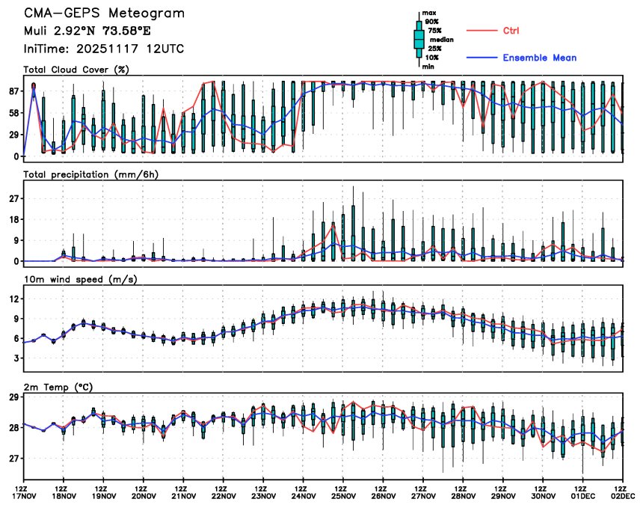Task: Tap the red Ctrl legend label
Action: pos(511,31)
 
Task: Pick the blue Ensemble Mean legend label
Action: pos(539,58)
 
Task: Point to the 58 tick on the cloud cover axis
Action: pos(13,113)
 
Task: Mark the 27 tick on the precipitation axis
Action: pos(13,198)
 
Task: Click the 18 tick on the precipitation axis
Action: pos(13,219)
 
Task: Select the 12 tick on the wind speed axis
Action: pos(13,299)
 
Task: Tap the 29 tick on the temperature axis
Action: pos(13,397)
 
